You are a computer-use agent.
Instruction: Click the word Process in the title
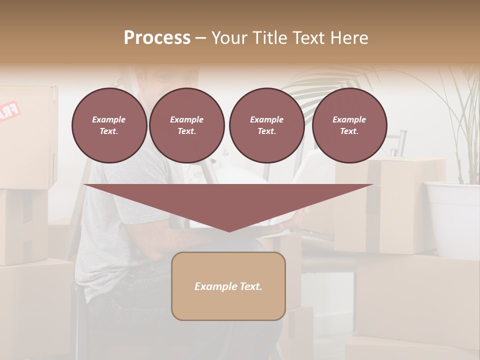coord(157,38)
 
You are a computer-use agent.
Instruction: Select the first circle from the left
coord(109,125)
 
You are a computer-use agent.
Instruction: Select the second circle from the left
coord(186,125)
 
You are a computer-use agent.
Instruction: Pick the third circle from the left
coord(266,125)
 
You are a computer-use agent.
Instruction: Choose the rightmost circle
coord(349,125)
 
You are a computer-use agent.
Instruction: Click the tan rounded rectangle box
coord(228,286)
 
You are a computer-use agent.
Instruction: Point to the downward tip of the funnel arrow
coord(228,230)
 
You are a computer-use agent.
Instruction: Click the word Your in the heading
coord(229,38)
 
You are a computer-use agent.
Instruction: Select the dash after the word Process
coord(200,38)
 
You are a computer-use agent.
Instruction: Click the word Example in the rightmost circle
coord(349,119)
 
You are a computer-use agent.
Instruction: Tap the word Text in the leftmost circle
coord(109,131)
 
